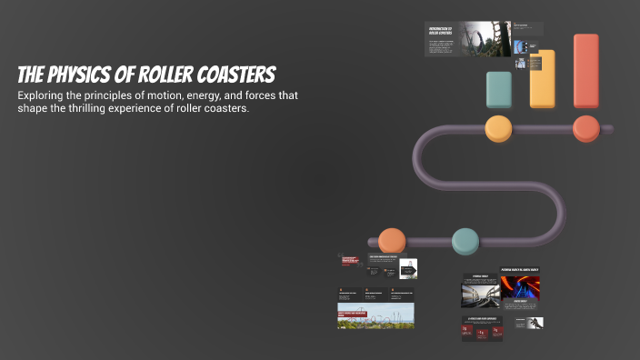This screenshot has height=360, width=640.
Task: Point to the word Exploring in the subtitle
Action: coord(43,95)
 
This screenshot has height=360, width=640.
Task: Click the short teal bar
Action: coord(499,89)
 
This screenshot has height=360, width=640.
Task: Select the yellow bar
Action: coord(542,78)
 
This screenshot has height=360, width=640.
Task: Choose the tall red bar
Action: coord(586,71)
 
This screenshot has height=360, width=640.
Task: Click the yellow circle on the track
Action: coord(499,128)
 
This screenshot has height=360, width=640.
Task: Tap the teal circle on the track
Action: coord(465,241)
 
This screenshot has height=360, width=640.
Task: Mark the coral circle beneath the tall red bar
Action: coord(586,128)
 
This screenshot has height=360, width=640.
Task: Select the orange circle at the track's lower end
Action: coord(392,241)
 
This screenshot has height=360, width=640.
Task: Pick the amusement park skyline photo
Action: coord(376,316)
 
